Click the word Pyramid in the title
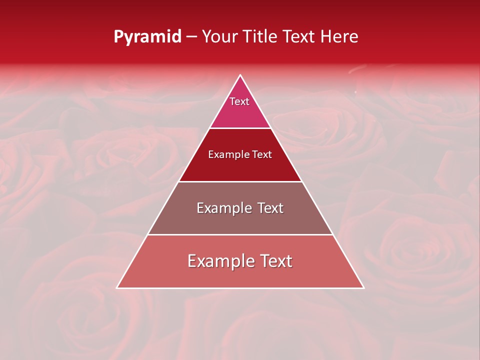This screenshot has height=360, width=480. (x=147, y=37)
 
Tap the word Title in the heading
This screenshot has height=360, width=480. (x=263, y=37)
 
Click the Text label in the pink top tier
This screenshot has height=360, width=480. (x=239, y=101)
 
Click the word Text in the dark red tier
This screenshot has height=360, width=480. (x=262, y=155)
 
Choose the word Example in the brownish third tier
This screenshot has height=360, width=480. (x=219, y=208)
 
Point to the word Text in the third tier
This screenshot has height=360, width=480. (x=267, y=208)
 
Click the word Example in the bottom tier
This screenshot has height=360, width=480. (x=216, y=261)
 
